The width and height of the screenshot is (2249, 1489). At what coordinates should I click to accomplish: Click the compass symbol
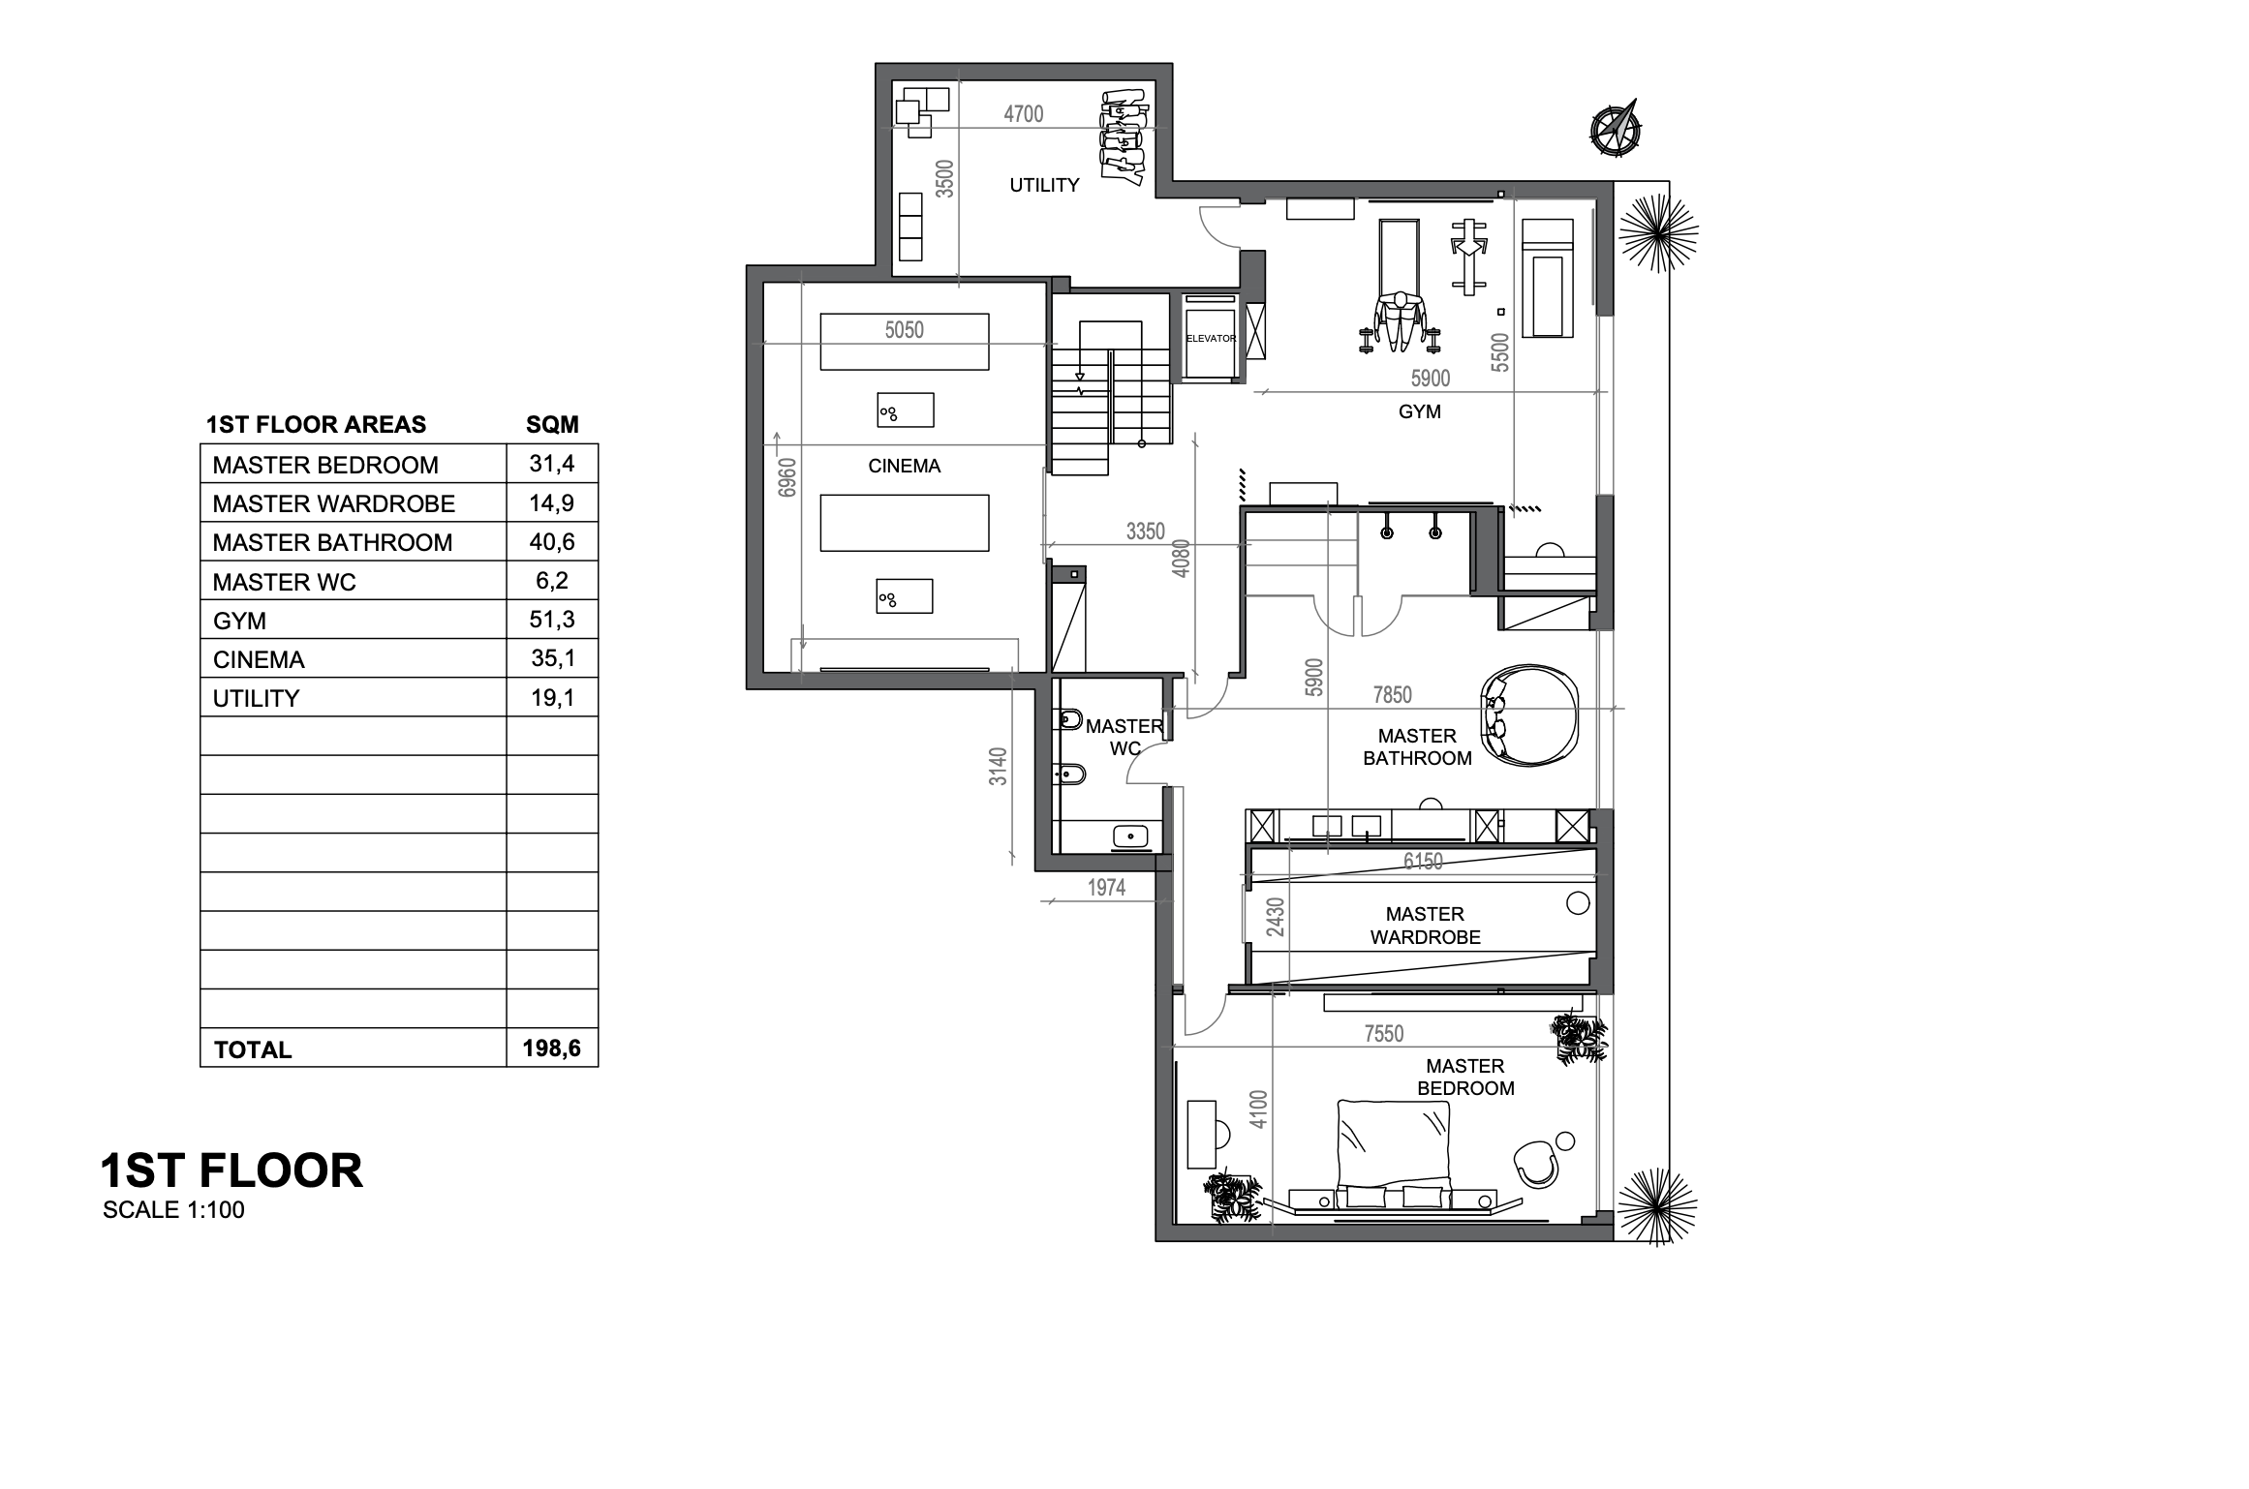click(1615, 127)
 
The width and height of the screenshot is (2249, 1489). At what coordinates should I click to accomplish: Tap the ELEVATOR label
click(1211, 339)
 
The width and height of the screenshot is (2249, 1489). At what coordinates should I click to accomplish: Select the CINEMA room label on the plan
click(904, 466)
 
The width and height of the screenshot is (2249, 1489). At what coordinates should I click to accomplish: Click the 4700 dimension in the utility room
click(1024, 114)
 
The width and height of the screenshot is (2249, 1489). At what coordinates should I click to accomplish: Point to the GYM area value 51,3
click(552, 619)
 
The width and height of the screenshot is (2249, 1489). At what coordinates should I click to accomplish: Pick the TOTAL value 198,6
click(551, 1048)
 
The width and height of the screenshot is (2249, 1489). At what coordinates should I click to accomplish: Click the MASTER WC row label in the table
click(284, 582)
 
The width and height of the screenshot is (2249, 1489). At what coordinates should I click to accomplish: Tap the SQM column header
click(552, 424)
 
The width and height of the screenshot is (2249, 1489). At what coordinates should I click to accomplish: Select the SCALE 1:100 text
click(173, 1210)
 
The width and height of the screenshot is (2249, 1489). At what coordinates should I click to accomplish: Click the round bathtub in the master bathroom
click(1528, 715)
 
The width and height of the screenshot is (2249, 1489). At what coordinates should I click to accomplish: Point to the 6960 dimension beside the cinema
click(787, 477)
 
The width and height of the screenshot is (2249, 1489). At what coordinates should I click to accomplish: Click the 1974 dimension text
click(1106, 888)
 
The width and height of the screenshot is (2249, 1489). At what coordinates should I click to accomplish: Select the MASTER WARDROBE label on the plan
click(1425, 926)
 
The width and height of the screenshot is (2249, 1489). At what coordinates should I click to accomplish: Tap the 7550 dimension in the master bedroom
click(1383, 1034)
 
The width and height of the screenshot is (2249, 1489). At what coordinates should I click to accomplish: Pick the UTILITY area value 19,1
click(552, 697)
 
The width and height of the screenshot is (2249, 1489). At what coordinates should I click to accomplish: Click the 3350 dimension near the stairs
click(1145, 532)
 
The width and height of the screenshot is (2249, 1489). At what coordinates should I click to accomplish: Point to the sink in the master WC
click(1130, 836)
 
